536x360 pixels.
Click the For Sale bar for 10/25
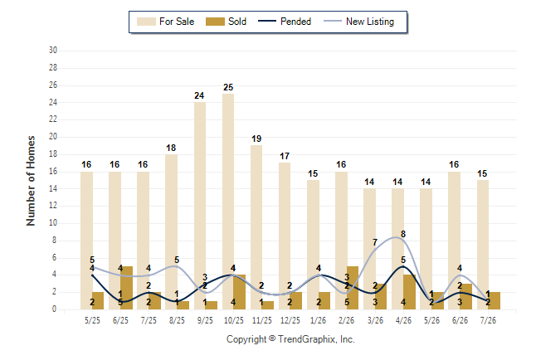click(228, 202)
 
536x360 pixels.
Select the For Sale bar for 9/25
click(200, 206)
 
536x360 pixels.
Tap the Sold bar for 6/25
click(126, 288)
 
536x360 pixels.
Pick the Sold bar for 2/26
click(353, 288)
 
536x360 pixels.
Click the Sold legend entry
click(226, 22)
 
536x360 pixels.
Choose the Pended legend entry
click(285, 22)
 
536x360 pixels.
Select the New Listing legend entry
click(359, 22)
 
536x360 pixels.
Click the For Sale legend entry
click(165, 22)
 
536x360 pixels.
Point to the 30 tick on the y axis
click(53, 51)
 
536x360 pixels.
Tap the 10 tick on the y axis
click(53, 223)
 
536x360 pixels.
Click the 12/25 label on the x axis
click(290, 320)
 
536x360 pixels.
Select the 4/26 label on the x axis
click(403, 320)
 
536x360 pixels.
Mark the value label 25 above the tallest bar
click(228, 88)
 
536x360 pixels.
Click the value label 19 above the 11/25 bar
click(256, 139)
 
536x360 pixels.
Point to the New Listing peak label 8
click(403, 234)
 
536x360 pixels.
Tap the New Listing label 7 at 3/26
click(375, 242)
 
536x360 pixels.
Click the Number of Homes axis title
click(31, 181)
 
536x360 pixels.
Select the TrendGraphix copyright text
click(290, 339)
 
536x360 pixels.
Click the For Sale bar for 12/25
click(285, 236)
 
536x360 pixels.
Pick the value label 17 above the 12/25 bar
click(285, 156)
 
